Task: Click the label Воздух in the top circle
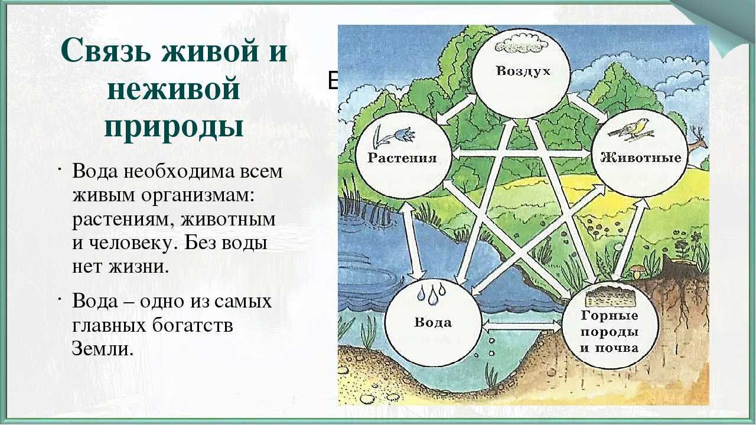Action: click(523, 72)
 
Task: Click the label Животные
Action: click(641, 158)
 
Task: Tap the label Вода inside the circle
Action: click(432, 322)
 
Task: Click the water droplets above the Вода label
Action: click(429, 293)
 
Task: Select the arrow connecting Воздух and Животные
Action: click(587, 108)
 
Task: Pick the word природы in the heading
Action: click(174, 126)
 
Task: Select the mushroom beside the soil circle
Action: click(637, 272)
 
